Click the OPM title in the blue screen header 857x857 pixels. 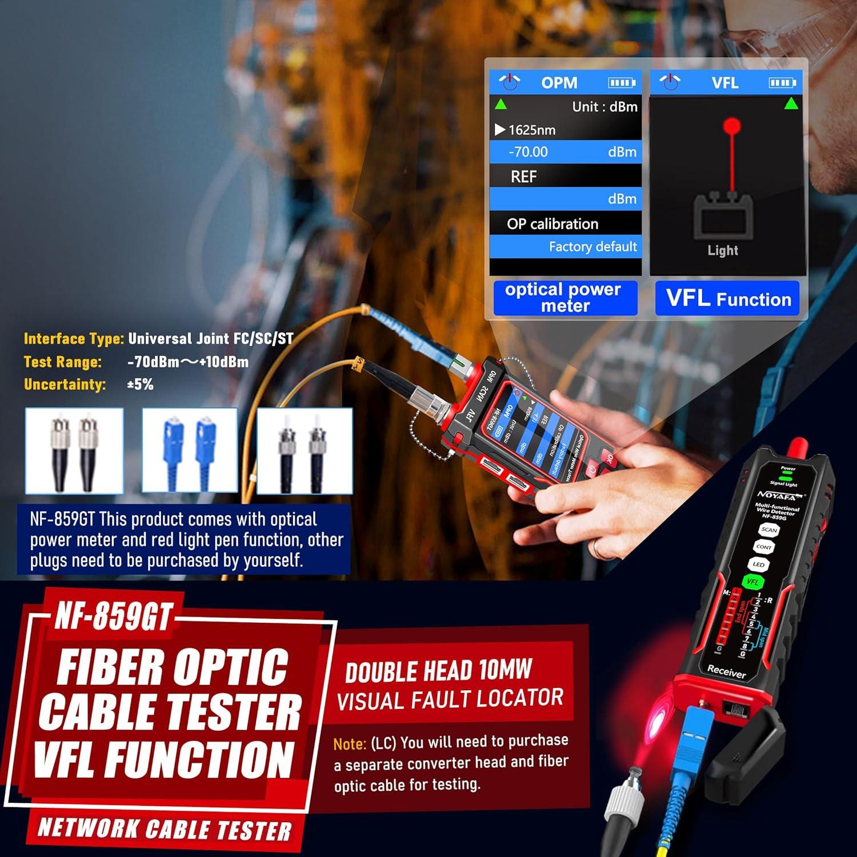[x=559, y=83]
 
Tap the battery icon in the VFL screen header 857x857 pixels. [x=782, y=83]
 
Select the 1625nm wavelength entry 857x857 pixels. [x=531, y=130]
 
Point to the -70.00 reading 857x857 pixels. [x=528, y=152]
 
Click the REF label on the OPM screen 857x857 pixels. [x=523, y=177]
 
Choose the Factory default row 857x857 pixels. [x=592, y=247]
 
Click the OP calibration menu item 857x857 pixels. [x=552, y=224]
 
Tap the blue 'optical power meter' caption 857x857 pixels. [x=564, y=298]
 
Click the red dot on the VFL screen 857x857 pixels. [x=731, y=126]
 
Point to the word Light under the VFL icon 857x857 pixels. [x=723, y=250]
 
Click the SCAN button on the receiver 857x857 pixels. [x=769, y=530]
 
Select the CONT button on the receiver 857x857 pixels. [x=764, y=547]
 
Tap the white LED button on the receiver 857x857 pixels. [x=759, y=564]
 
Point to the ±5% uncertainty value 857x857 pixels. [x=140, y=385]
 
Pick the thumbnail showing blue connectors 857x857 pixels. [x=190, y=450]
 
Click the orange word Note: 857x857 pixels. [x=350, y=744]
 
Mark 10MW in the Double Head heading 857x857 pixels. [x=506, y=670]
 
